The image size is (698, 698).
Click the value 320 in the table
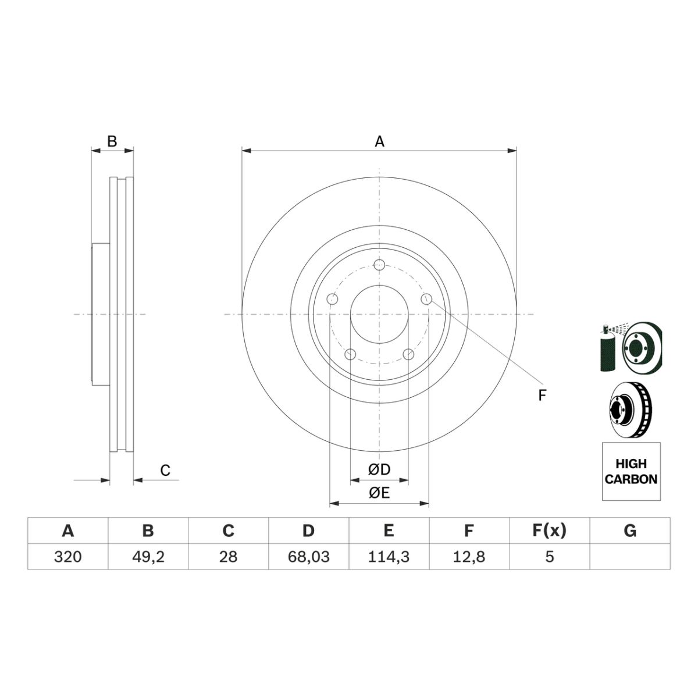67,557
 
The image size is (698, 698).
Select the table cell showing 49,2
148,557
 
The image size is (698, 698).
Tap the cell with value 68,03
309,557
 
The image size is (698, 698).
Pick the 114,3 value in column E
389,557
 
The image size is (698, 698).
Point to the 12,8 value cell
469,557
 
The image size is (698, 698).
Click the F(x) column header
550,530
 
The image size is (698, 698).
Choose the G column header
630,530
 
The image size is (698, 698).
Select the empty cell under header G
630,557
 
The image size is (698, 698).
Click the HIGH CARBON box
631,471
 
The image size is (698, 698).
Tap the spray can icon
608,348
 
